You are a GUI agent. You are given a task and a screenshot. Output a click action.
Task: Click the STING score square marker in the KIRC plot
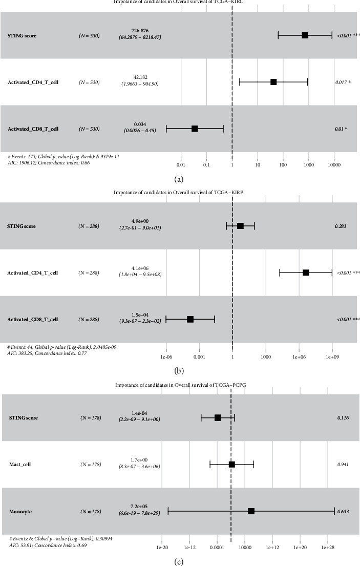305,35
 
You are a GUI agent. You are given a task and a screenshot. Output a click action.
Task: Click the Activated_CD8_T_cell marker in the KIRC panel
195,129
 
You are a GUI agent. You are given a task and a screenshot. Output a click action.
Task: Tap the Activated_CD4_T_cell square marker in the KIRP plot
306,272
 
